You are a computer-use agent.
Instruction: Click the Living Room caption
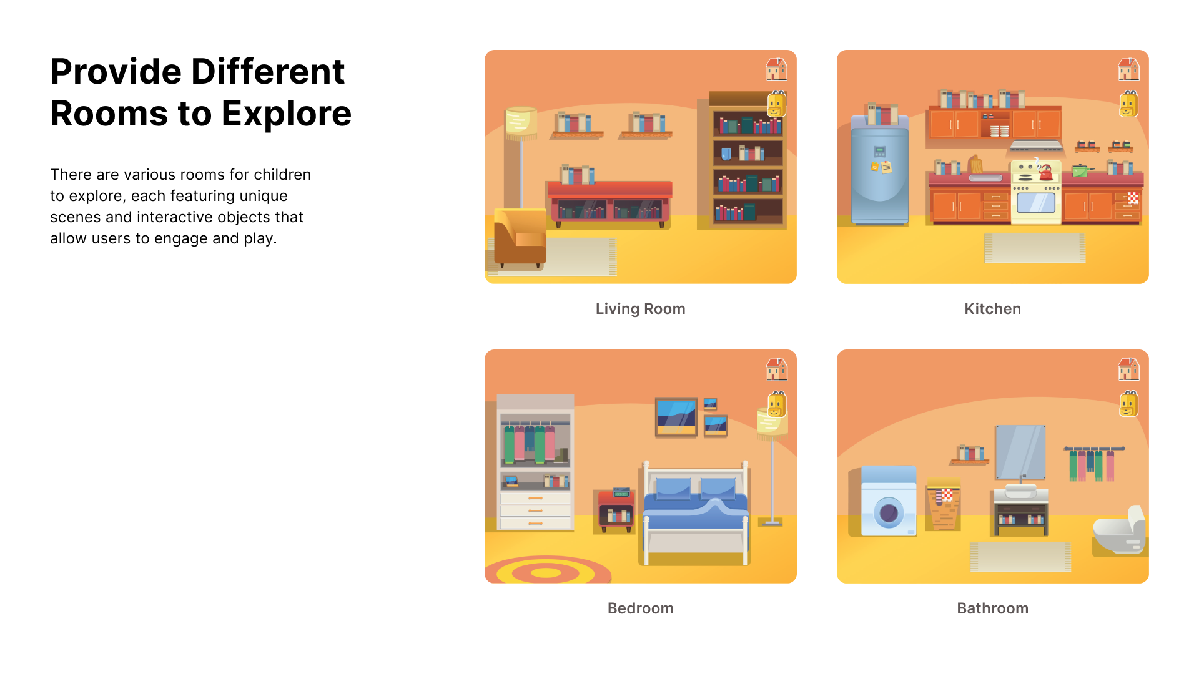pyautogui.click(x=640, y=309)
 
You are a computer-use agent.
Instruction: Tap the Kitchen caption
pyautogui.click(x=992, y=309)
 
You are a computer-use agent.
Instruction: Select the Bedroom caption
pyautogui.click(x=640, y=608)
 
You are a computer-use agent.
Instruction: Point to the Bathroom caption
pyautogui.click(x=992, y=608)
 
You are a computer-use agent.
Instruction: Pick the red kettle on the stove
pyautogui.click(x=1046, y=172)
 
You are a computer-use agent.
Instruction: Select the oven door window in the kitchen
pyautogui.click(x=1035, y=203)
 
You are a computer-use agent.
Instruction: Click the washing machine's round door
pyautogui.click(x=889, y=514)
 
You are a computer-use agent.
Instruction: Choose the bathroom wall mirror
pyautogui.click(x=1020, y=452)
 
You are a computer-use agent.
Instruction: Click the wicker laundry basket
pyautogui.click(x=944, y=506)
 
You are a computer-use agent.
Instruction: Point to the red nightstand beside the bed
pyautogui.click(x=616, y=510)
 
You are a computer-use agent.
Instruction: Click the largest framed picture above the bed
pyautogui.click(x=676, y=417)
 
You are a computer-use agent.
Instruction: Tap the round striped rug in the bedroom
pyautogui.click(x=547, y=570)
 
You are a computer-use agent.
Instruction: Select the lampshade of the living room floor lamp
pyautogui.click(x=521, y=121)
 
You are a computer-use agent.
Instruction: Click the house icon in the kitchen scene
pyautogui.click(x=1128, y=69)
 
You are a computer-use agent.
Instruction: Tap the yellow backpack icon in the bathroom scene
pyautogui.click(x=1128, y=404)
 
